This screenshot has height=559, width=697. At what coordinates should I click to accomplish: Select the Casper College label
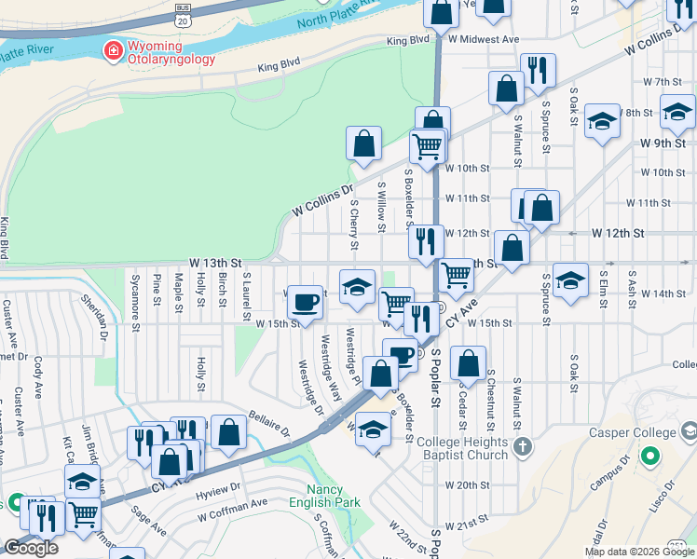[632, 433]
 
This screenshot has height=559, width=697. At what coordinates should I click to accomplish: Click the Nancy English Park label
[334, 497]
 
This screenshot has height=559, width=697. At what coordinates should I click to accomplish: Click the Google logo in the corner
[31, 548]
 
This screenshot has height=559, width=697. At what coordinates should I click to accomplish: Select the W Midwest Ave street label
[483, 40]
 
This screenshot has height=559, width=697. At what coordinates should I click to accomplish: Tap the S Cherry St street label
[354, 225]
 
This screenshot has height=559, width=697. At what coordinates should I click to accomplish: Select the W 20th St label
[467, 485]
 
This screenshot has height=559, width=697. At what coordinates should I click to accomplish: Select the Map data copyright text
[638, 551]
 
